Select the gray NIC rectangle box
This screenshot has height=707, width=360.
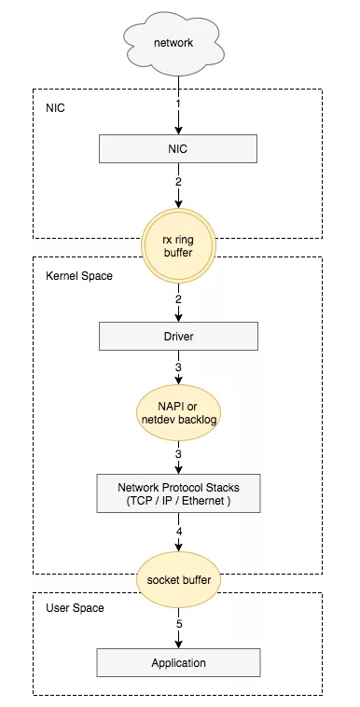tap(178, 148)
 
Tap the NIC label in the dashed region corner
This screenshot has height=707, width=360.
tap(55, 109)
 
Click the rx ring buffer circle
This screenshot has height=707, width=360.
tap(178, 246)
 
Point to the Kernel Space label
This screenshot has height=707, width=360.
tap(79, 276)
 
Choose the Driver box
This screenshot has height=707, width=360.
tap(179, 336)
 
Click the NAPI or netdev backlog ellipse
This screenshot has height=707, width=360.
tap(179, 412)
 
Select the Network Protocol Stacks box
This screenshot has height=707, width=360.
tap(179, 493)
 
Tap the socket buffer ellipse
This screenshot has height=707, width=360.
tap(179, 579)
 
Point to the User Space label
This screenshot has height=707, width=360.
tap(75, 608)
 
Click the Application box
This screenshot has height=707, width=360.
tap(179, 663)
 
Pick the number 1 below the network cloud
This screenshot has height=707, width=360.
tap(178, 104)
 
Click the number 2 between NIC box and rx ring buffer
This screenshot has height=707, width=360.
tap(178, 182)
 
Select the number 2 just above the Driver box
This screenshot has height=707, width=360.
tap(178, 298)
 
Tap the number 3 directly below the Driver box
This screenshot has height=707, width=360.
tap(178, 367)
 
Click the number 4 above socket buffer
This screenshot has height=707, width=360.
tap(179, 532)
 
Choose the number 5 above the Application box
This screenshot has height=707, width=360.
tap(179, 625)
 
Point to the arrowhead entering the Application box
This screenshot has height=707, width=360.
tap(179, 645)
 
